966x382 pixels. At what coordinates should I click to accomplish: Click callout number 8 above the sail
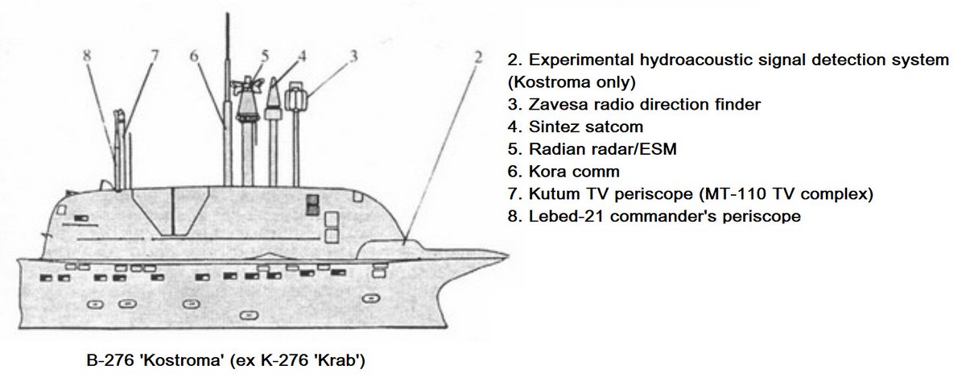pyautogui.click(x=88, y=56)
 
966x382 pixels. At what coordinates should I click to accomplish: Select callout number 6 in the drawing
pyautogui.click(x=194, y=56)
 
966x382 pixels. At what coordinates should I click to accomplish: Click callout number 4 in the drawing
pyautogui.click(x=302, y=56)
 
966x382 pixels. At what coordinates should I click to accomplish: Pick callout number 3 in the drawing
pyautogui.click(x=353, y=56)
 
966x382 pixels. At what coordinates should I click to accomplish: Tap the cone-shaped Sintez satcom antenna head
pyautogui.click(x=274, y=98)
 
